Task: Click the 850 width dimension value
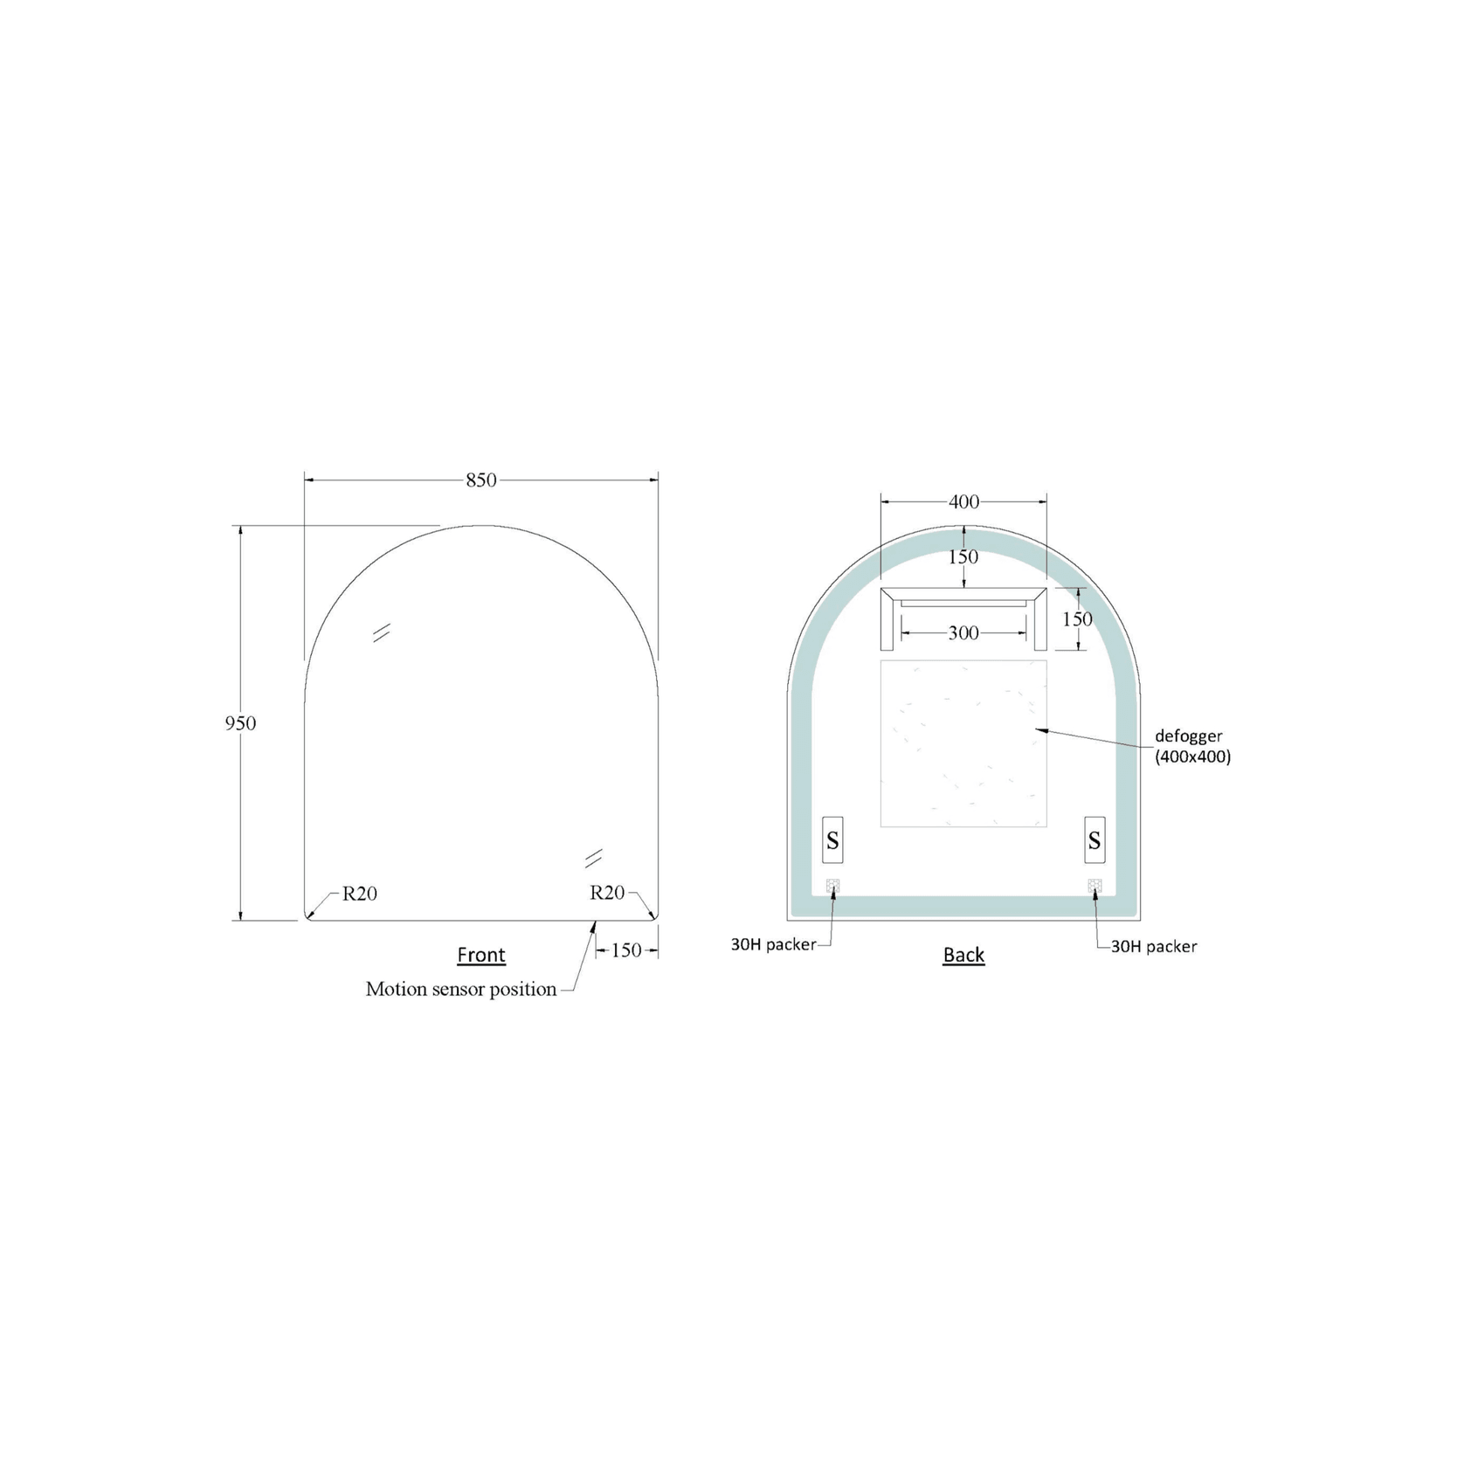480,480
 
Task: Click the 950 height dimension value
240,723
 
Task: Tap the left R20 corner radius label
359,893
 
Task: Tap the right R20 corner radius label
607,892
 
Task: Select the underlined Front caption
481,955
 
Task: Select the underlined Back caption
963,955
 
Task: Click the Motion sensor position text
460,989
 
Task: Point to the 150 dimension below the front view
626,950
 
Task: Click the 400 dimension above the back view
963,501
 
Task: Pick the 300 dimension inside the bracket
963,633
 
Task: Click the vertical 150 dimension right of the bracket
1077,618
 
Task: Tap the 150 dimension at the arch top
963,556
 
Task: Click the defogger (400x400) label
1192,746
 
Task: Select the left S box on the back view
832,840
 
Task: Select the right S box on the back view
1095,840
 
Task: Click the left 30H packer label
773,944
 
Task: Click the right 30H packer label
1153,946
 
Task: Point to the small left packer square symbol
832,886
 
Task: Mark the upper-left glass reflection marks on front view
381,632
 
